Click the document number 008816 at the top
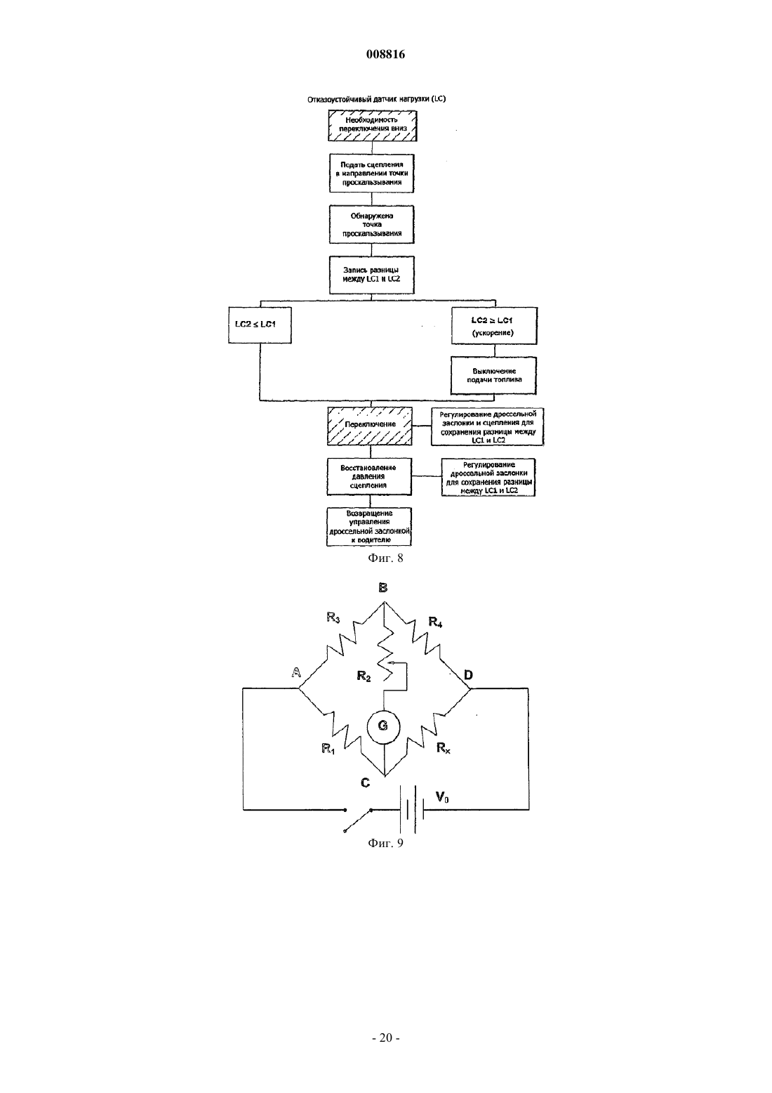tap(385, 54)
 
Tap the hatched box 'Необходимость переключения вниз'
tap(373, 126)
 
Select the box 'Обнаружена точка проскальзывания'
tap(372, 225)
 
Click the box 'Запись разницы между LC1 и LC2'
tap(372, 275)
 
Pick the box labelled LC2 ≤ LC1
tap(260, 325)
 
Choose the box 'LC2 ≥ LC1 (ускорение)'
tap(494, 325)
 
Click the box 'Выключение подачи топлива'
tap(493, 376)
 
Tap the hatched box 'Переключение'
tap(369, 426)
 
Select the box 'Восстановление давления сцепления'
tap(369, 477)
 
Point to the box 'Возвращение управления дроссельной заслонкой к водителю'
tap(369, 527)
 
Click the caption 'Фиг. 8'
tap(385, 558)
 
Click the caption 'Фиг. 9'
tap(385, 843)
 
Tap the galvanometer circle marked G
tap(383, 726)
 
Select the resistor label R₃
tap(333, 618)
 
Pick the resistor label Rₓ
tap(444, 747)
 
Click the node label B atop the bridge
tap(383, 587)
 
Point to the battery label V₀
tap(442, 797)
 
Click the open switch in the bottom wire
tap(358, 820)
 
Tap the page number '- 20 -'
tap(385, 1038)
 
